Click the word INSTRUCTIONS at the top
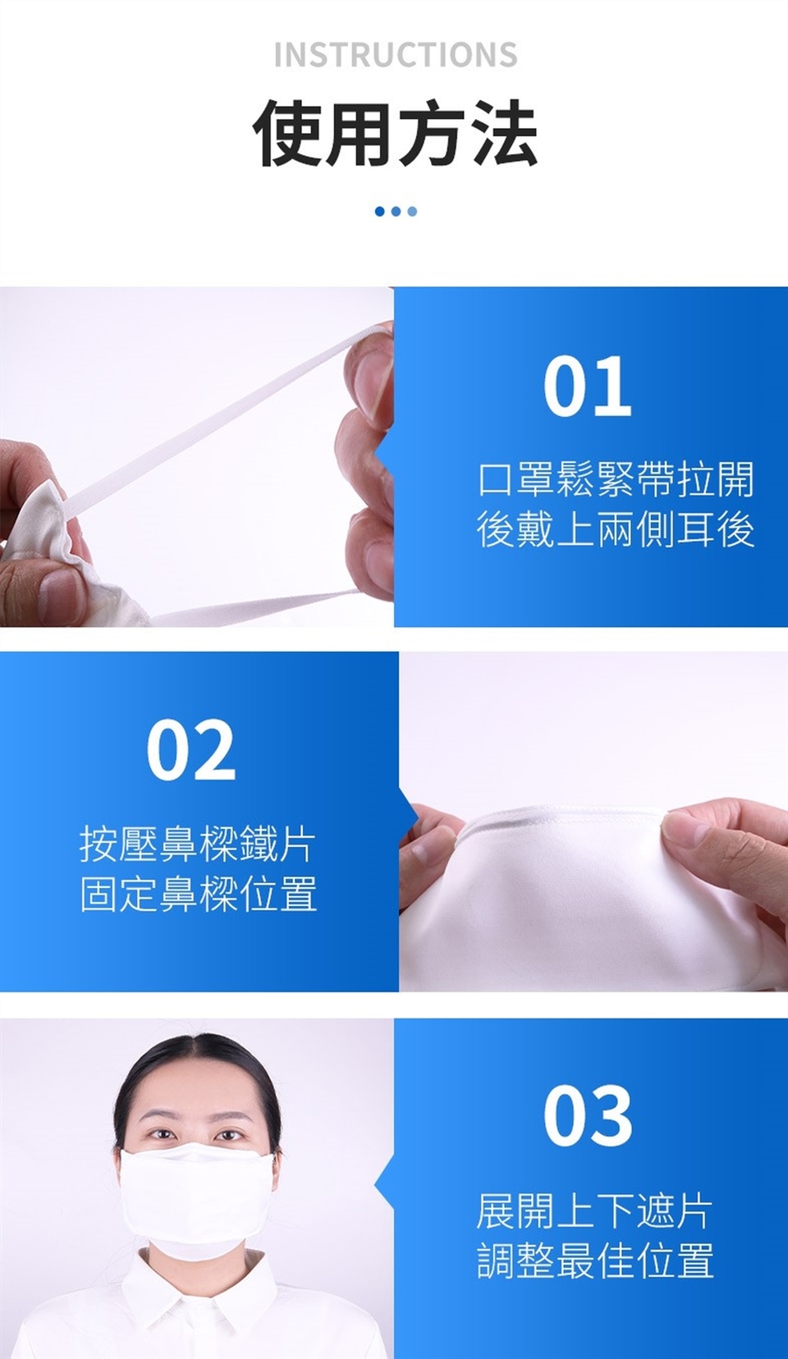coord(396,55)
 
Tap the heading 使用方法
coord(395,133)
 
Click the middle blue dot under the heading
coord(396,211)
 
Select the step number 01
coord(587,387)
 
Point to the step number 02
coord(191,749)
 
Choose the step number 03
coord(587,1116)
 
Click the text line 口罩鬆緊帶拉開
coord(616,479)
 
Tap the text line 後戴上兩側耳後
coord(616,529)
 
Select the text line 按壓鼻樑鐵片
coord(199,844)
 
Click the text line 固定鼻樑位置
coord(199,894)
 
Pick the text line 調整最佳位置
coord(594,1260)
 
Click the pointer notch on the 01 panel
coord(384,453)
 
